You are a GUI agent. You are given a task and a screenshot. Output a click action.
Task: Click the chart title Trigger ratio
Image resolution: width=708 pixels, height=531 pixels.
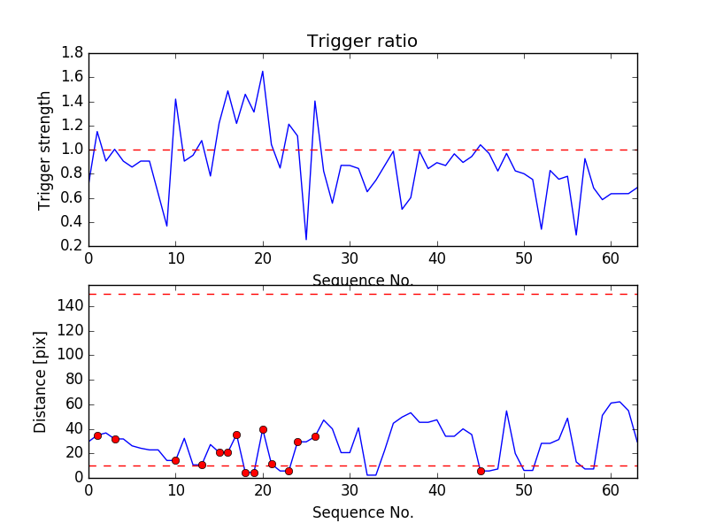[362, 42]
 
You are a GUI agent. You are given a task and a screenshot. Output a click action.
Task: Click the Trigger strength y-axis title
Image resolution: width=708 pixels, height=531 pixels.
[45, 150]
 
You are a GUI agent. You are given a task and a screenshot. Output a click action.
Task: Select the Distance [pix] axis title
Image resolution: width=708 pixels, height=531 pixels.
[41, 381]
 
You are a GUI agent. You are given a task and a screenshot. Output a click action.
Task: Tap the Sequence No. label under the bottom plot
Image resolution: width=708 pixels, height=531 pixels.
[362, 512]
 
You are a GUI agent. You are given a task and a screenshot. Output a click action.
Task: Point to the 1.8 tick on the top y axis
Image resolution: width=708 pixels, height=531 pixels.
[73, 53]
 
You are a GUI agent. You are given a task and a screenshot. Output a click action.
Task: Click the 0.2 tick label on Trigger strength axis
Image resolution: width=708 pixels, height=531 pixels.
[73, 246]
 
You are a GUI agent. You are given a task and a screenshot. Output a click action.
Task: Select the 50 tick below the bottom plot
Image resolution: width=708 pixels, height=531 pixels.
[524, 490]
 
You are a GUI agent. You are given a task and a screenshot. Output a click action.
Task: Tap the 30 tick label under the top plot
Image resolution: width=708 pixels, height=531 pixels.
[350, 258]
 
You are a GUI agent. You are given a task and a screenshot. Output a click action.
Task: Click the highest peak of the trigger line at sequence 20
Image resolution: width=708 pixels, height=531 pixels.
[263, 72]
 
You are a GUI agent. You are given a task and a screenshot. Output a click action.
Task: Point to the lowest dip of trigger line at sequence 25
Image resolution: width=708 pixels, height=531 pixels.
[306, 239]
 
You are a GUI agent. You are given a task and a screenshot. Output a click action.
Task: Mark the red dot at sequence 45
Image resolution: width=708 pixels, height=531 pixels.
[481, 471]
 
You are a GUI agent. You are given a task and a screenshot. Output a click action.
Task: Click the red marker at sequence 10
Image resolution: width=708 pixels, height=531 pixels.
[175, 460]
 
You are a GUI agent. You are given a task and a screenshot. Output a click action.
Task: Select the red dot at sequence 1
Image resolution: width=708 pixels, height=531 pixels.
[97, 435]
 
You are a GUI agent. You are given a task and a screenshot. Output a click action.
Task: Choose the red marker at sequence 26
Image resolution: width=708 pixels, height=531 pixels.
[315, 436]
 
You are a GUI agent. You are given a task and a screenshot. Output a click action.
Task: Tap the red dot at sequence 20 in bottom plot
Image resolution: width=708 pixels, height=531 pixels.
[263, 429]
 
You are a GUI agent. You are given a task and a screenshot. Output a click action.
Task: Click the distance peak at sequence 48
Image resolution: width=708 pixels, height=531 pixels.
[506, 411]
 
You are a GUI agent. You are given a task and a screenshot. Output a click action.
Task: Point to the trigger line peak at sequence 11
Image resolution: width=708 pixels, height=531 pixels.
[175, 99]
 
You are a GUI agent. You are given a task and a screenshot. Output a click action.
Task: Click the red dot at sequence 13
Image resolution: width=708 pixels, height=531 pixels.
[202, 465]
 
